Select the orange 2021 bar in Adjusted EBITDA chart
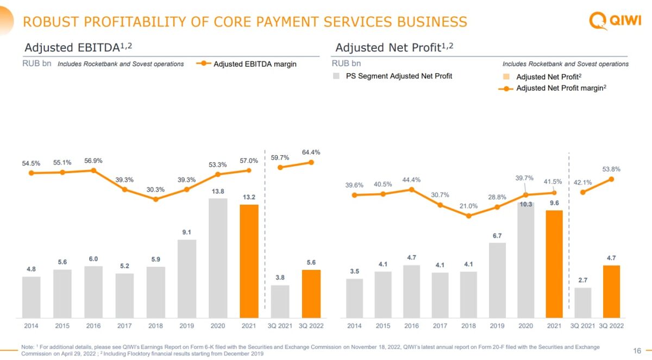point(249,261)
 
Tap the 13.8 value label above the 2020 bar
point(218,191)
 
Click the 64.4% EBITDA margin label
point(311,153)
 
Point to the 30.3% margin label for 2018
point(155,190)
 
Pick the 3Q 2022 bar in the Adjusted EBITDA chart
point(311,293)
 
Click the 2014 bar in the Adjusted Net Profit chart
point(354,298)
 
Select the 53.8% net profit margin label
point(611,169)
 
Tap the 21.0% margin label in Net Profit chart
point(468,206)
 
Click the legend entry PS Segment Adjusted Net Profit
point(399,76)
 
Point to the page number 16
point(637,350)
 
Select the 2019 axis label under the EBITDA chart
point(186,326)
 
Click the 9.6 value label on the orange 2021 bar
point(554,203)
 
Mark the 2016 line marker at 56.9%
point(93,170)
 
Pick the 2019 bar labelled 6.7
point(497,280)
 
